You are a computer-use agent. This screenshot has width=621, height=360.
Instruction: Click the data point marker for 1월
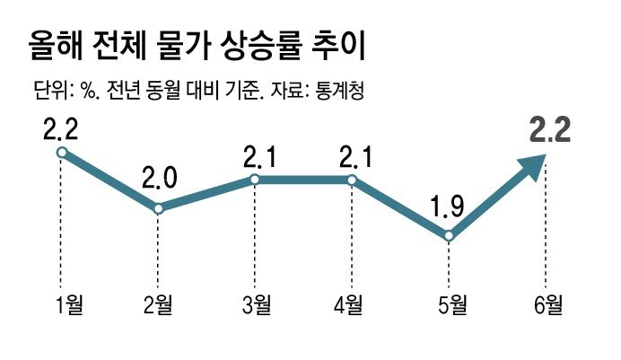point(61,153)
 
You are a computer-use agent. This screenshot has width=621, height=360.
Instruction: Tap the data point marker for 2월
point(159,208)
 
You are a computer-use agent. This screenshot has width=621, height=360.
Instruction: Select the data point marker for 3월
point(255,180)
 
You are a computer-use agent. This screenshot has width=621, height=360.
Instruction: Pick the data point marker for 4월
point(351,180)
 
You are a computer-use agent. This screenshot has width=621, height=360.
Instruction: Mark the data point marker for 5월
point(449,236)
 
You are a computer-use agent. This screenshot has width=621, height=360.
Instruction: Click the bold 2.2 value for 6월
point(550,133)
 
